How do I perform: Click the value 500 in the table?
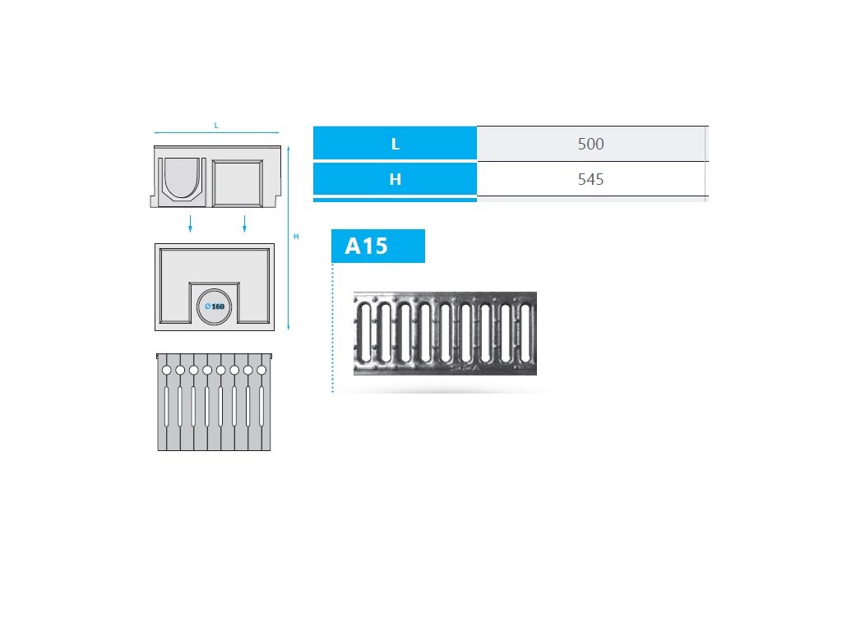[590, 144]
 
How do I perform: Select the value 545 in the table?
[590, 178]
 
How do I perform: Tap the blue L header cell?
[395, 144]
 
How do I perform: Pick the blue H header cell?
[395, 178]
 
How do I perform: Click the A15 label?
[367, 246]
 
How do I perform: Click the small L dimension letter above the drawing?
[215, 126]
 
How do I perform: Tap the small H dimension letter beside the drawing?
[296, 237]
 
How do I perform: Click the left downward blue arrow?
[190, 223]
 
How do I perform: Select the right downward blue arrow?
[244, 223]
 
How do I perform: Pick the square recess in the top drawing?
[237, 181]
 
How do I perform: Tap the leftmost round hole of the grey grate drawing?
[166, 371]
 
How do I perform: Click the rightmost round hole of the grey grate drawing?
[261, 371]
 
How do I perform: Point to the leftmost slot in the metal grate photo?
[365, 333]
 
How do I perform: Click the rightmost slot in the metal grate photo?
[525, 333]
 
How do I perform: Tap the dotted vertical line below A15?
[332, 329]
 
